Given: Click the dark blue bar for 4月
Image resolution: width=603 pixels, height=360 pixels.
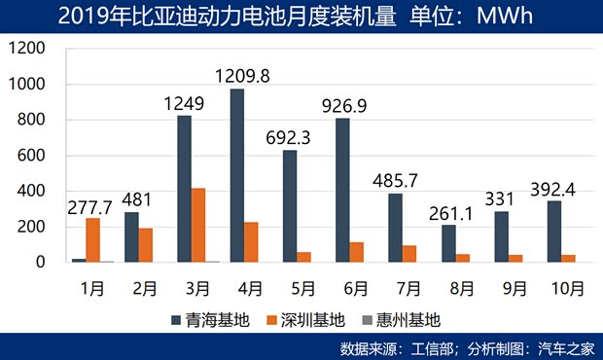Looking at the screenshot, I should click(x=237, y=175).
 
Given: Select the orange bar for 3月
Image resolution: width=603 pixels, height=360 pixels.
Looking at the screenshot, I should click(x=198, y=225).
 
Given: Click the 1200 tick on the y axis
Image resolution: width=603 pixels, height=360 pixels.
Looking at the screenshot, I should click(x=28, y=50).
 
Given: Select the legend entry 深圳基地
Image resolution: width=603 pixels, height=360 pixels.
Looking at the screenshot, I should click(x=306, y=318).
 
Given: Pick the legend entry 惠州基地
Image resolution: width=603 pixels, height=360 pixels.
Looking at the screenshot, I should click(x=407, y=318).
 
